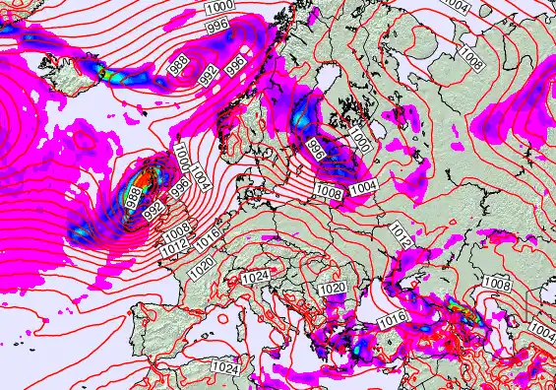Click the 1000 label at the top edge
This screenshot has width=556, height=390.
click(218, 7)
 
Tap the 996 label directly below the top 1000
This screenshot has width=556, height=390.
click(218, 24)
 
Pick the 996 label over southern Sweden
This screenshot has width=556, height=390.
click(316, 151)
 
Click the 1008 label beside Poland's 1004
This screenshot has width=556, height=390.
click(329, 193)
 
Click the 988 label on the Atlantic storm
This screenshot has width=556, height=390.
click(133, 198)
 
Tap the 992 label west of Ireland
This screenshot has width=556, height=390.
click(153, 211)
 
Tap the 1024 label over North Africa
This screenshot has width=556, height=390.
click(225, 366)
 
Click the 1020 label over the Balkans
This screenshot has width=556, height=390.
click(332, 288)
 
